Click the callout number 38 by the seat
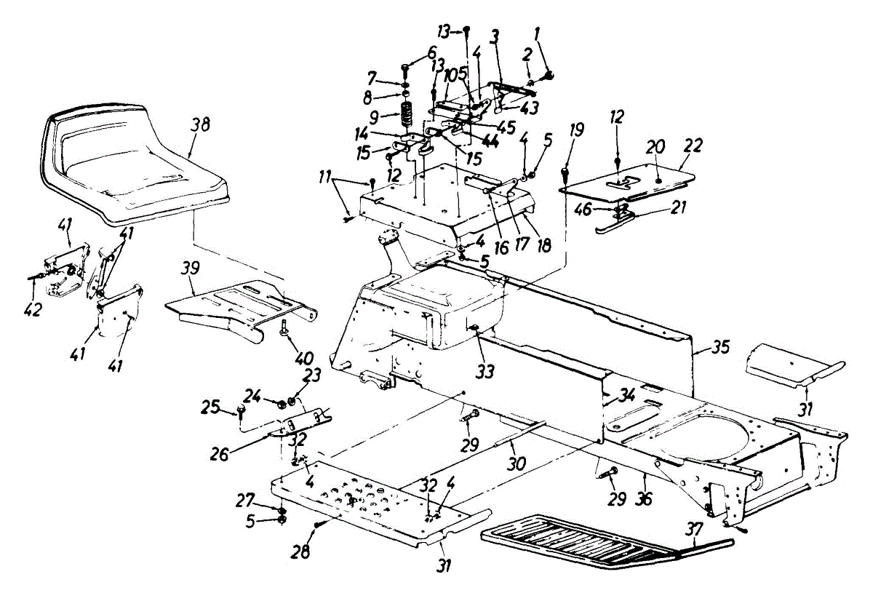(201, 124)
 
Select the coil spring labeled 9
(406, 116)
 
